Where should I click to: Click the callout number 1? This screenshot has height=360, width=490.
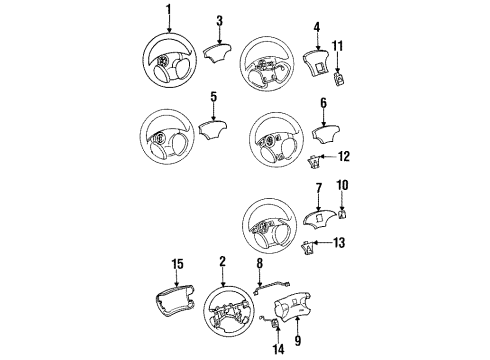[x=168, y=11]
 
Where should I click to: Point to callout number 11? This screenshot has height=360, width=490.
[x=338, y=46]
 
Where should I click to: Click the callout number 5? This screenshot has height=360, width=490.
[x=213, y=96]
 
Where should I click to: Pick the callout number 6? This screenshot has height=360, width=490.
[x=323, y=102]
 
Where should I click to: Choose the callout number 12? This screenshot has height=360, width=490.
[x=344, y=155]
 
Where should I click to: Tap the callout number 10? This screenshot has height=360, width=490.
[x=342, y=184]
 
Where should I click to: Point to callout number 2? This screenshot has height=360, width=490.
[x=221, y=262]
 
